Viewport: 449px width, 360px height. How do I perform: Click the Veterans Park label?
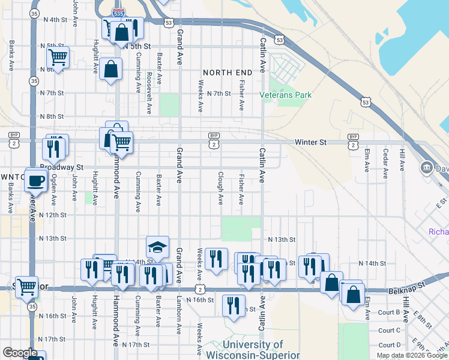point(286,95)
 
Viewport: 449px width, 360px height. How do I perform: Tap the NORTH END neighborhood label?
point(226,72)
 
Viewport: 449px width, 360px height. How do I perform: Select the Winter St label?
point(310,142)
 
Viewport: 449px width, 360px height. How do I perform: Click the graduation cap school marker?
point(157,247)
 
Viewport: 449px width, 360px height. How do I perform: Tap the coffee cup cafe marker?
point(37,179)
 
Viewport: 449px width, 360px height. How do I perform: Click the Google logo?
point(19,353)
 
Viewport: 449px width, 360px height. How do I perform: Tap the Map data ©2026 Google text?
point(412,355)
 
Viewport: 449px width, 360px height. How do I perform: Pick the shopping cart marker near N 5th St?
point(58,58)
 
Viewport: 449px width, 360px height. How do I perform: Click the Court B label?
point(390,312)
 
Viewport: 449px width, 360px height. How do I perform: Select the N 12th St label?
point(52,215)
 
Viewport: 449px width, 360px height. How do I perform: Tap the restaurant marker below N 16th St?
point(234,305)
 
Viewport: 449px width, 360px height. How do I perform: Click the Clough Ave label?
point(220,187)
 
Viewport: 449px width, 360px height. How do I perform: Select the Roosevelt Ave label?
point(149,93)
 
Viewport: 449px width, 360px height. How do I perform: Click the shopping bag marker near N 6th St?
point(112,69)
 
